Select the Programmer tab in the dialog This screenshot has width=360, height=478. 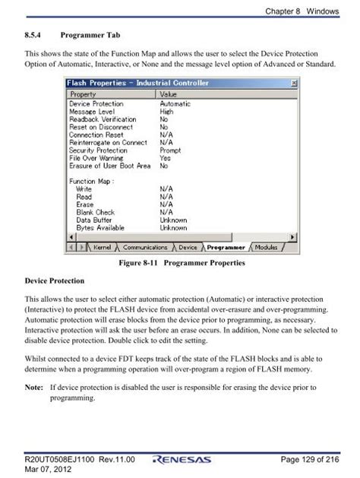(x=226, y=248)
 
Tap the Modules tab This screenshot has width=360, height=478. (x=267, y=248)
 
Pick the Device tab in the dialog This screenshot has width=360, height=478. (x=188, y=248)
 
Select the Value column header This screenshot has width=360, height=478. (x=169, y=93)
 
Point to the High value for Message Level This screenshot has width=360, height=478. (x=167, y=112)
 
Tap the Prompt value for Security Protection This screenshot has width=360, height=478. (x=170, y=150)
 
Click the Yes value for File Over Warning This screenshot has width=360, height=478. (x=166, y=158)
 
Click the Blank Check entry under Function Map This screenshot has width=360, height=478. (x=96, y=212)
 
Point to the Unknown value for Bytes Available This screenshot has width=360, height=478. (x=174, y=227)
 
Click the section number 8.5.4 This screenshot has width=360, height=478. (x=36, y=35)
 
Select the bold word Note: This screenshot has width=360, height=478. (x=34, y=388)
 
